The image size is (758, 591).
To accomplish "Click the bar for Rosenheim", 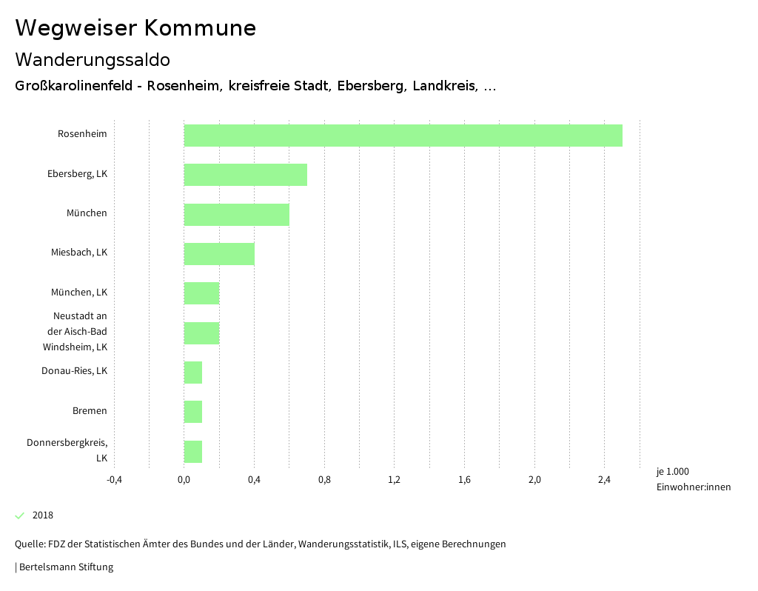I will tap(403, 136).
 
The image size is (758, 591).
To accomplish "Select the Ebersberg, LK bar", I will tap(245, 175).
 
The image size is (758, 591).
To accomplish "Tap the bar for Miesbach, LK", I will tap(219, 254).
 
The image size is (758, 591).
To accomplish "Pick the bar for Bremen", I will tap(193, 412).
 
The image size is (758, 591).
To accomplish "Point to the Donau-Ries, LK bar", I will tap(193, 373).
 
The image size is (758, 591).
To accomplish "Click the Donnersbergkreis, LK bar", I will tap(193, 451).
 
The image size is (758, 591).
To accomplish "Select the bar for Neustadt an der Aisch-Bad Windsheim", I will tap(201, 333).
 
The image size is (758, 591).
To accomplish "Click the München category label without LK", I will tap(87, 213).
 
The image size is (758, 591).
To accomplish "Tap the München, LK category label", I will tap(79, 293).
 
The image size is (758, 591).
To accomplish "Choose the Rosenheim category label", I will tap(82, 134).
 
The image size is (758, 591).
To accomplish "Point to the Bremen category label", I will tap(90, 411).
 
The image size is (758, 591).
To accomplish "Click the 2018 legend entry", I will tap(42, 515).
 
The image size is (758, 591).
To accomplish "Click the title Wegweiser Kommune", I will tap(135, 28).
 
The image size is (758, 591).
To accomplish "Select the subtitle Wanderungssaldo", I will tap(93, 59).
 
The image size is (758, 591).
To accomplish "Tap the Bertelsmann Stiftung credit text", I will tap(65, 567).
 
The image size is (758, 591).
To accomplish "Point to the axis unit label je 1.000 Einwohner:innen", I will tap(693, 479).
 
